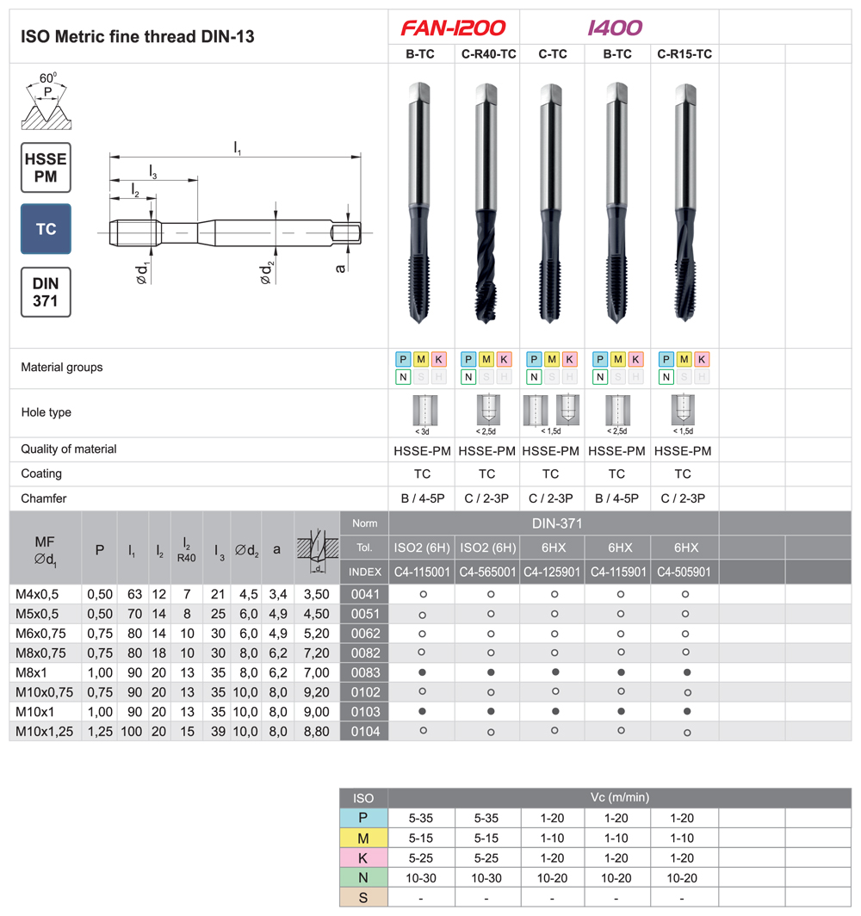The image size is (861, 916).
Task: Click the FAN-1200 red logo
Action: tap(454, 28)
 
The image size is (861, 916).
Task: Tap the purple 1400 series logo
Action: tap(615, 28)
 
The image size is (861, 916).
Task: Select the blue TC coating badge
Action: tap(46, 229)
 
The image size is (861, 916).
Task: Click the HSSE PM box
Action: tap(46, 167)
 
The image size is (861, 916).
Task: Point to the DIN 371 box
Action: tap(46, 292)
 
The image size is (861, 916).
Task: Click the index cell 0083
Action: tap(364, 672)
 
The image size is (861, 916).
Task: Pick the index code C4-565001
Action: tap(487, 572)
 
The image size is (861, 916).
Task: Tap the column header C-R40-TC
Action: tap(487, 53)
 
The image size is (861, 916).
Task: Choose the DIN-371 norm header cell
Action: tap(553, 523)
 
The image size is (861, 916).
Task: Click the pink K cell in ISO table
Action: tap(364, 857)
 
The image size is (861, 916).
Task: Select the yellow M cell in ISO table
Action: tap(364, 838)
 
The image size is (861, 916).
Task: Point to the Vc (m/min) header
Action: tap(619, 798)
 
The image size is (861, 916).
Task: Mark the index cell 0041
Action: tap(364, 594)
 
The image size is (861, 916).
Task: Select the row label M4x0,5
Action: tap(39, 594)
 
